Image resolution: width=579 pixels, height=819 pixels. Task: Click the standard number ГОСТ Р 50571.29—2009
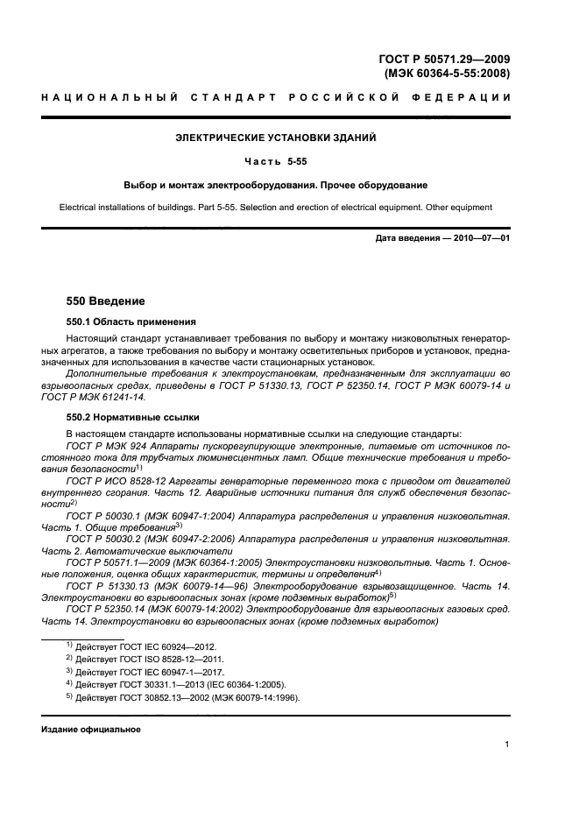(444, 60)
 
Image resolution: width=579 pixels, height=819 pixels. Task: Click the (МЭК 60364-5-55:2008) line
(447, 74)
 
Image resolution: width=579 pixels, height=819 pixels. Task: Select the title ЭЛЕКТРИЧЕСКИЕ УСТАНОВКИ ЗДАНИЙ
(276, 138)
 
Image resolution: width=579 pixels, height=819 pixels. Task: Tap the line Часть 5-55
(276, 161)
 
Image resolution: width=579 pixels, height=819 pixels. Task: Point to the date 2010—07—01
(480, 238)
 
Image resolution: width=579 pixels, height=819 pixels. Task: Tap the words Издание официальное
(91, 729)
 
